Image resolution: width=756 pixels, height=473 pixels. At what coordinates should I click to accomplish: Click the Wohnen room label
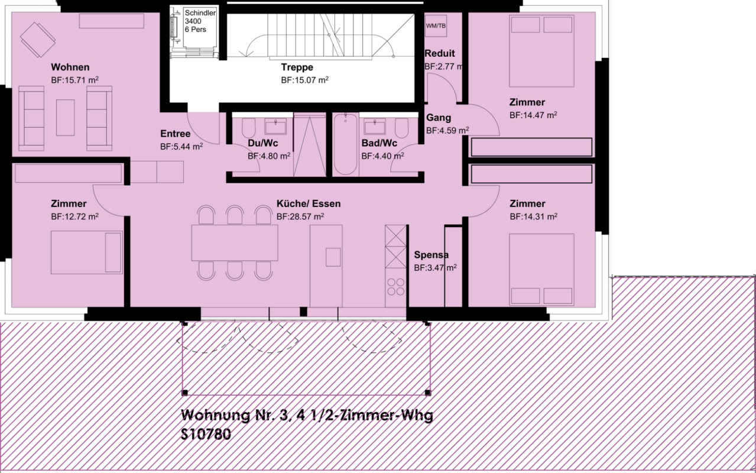pyautogui.click(x=70, y=67)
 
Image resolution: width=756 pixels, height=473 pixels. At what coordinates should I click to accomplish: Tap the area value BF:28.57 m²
pyautogui.click(x=300, y=216)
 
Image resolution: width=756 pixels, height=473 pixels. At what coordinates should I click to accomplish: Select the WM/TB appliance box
pyautogui.click(x=436, y=26)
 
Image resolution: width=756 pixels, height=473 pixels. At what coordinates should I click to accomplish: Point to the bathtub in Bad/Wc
pyautogui.click(x=346, y=144)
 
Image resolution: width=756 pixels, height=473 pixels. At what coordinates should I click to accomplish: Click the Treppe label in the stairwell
pyautogui.click(x=297, y=67)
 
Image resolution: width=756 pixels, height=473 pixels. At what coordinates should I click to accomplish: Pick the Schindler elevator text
pyautogui.click(x=200, y=13)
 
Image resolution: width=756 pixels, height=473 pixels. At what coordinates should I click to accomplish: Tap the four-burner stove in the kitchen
pyautogui.click(x=395, y=287)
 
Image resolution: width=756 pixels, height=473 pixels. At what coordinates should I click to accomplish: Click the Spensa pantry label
pyautogui.click(x=431, y=255)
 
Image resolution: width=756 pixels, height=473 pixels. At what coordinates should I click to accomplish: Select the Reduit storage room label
pyautogui.click(x=439, y=53)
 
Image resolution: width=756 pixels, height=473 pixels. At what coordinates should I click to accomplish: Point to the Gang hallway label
pyautogui.click(x=439, y=118)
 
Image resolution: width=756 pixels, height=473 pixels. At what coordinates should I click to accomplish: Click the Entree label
pyautogui.click(x=175, y=134)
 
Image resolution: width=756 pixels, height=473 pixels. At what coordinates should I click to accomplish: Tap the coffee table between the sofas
pyautogui.click(x=65, y=118)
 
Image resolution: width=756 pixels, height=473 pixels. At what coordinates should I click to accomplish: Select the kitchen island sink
pyautogui.click(x=333, y=257)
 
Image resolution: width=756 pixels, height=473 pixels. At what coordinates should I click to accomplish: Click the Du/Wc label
pyautogui.click(x=263, y=143)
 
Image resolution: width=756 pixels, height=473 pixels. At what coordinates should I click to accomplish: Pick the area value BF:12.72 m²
pyautogui.click(x=75, y=216)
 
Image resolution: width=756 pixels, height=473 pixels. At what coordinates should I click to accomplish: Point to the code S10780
pyautogui.click(x=206, y=434)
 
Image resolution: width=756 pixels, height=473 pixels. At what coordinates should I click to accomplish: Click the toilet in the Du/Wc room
pyautogui.click(x=249, y=128)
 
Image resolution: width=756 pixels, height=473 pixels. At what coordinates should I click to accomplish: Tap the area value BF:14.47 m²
pyautogui.click(x=533, y=115)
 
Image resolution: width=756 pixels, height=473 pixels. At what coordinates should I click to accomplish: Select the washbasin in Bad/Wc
pyautogui.click(x=374, y=127)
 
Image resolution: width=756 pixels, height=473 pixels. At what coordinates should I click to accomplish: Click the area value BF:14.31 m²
pyautogui.click(x=534, y=216)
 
